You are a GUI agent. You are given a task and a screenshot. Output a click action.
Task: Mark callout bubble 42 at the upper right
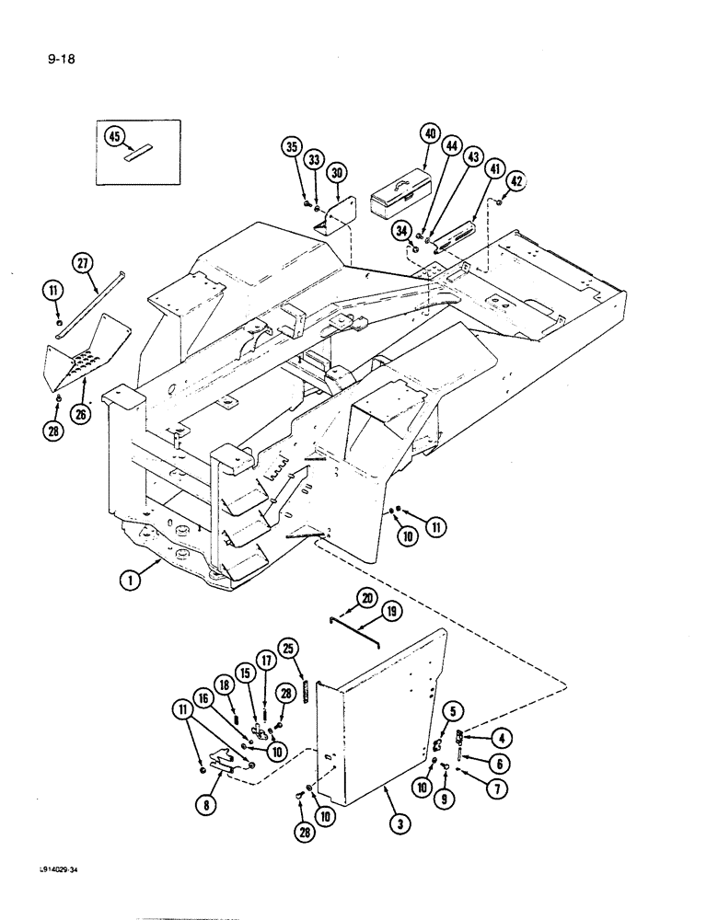[x=516, y=181]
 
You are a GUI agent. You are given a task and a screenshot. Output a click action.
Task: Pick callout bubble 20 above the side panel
[x=342, y=600]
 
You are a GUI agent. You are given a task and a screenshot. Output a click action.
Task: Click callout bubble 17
[x=265, y=660]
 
